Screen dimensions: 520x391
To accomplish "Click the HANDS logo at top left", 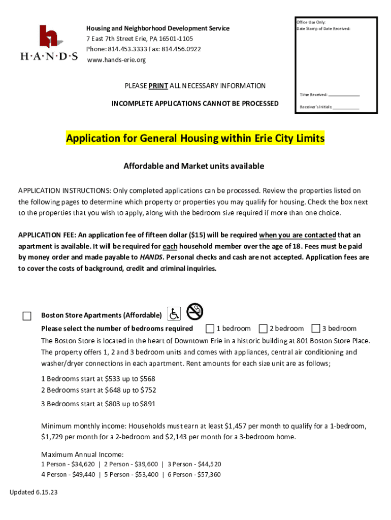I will pyautogui.click(x=49, y=43).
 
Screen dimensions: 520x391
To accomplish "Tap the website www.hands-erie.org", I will pyautogui.click(x=116, y=60).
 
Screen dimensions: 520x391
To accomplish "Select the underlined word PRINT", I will pyautogui.click(x=158, y=86).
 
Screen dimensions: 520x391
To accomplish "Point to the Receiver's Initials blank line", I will pyautogui.click(x=346, y=108).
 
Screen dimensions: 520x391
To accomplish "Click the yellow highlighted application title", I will pyautogui.click(x=195, y=139).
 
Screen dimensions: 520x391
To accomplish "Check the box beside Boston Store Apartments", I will pyautogui.click(x=27, y=316).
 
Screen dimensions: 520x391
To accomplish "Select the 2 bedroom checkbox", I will pyautogui.click(x=263, y=328).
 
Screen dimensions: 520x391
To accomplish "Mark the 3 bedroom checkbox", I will pyautogui.click(x=316, y=328).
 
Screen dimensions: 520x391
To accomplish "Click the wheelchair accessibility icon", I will pyautogui.click(x=174, y=315).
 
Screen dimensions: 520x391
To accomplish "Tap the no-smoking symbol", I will pyautogui.click(x=194, y=311).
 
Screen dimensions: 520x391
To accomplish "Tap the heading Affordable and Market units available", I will pyautogui.click(x=194, y=166).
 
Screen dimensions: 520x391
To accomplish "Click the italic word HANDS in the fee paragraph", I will pyautogui.click(x=151, y=257).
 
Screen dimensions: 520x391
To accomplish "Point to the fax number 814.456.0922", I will pyautogui.click(x=181, y=49).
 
